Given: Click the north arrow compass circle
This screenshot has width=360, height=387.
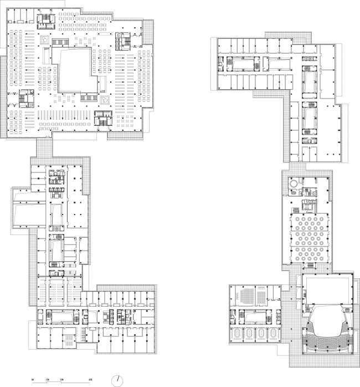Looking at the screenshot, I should [x=119, y=380].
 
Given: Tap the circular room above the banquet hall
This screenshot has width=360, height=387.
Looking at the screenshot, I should [x=291, y=183].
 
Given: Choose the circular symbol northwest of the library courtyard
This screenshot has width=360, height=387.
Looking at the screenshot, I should [x=44, y=40].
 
